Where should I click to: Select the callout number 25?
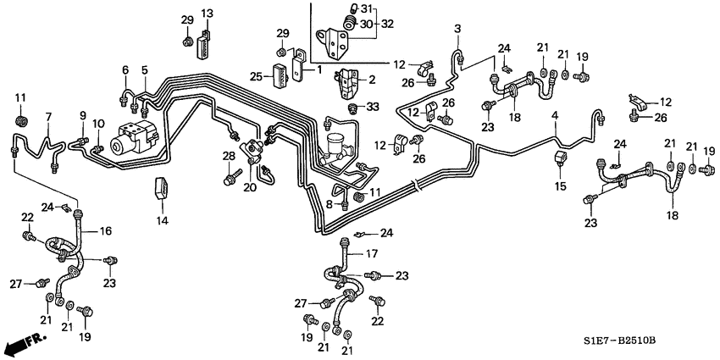click(257, 77)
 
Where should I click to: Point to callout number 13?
click(207, 13)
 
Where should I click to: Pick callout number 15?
click(560, 185)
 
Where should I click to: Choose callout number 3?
click(458, 30)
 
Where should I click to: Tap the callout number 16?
click(107, 230)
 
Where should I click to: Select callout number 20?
click(249, 187)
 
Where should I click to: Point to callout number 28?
click(228, 155)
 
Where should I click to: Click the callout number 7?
click(48, 116)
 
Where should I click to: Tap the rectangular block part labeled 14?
click(161, 191)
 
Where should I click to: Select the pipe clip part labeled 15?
click(560, 160)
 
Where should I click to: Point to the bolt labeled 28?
click(230, 178)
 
